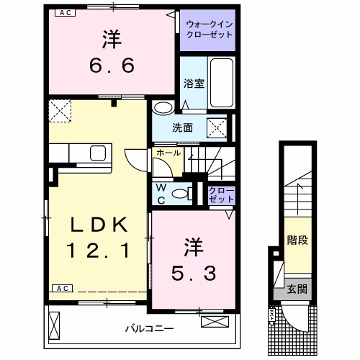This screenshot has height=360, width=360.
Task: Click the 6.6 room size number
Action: tap(112, 65)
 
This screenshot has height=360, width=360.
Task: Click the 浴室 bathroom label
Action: tap(194, 82)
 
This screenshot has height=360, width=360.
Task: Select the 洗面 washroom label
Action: tap(182, 129)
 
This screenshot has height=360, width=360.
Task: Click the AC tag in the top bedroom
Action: tap(64, 12)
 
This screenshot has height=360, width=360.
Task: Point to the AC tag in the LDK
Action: tap(62, 288)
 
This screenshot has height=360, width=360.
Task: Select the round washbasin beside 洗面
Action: tap(163, 108)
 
